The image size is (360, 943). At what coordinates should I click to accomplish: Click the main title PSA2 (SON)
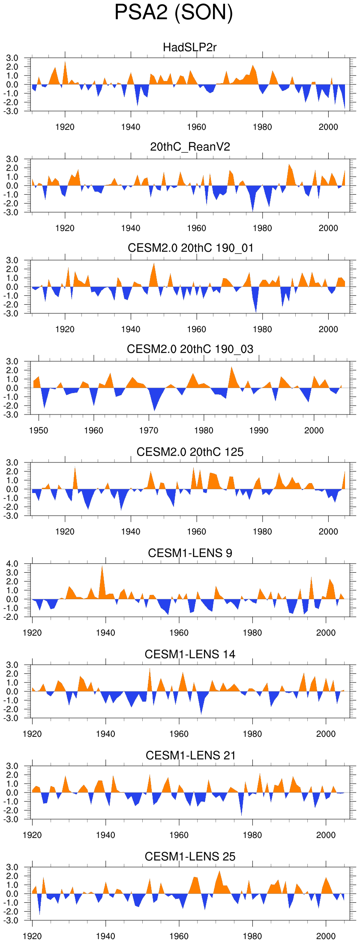coord(174,12)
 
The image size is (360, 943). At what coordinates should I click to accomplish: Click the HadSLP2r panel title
coord(190,47)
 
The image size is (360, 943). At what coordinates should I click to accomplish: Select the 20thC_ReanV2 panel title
coord(190,147)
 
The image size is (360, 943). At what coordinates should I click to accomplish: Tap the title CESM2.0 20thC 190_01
coord(190,248)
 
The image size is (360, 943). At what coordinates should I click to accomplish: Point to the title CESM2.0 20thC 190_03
coord(190,349)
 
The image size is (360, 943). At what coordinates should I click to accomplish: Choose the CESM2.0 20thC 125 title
coord(190,452)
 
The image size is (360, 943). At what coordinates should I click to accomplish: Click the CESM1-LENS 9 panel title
coord(190,553)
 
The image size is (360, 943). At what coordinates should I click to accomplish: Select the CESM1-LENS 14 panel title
coord(190,655)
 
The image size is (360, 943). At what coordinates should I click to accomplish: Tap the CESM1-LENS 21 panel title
coord(190,755)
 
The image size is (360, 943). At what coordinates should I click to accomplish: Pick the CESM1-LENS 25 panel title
coord(190,857)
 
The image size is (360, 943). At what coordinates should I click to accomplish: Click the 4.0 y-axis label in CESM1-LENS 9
coord(12,564)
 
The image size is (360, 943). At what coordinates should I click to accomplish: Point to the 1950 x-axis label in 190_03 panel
coord(39,430)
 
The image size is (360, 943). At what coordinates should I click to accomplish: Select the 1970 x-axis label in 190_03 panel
coord(149,430)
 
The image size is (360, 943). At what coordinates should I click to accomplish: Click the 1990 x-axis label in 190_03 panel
coord(259,430)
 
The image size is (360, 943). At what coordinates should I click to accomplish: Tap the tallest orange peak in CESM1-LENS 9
coord(102,567)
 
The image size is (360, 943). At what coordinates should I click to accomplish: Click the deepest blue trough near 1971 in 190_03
coord(155,410)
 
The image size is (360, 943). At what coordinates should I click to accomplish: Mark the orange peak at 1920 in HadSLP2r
coord(65,62)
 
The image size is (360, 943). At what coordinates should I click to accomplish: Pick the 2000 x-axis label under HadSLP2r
coord(328,127)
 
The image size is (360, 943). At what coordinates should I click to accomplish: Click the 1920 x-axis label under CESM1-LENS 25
coord(32,936)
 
